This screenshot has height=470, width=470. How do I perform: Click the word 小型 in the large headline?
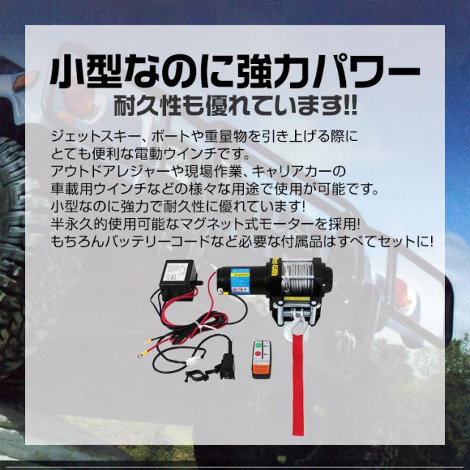(88, 73)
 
